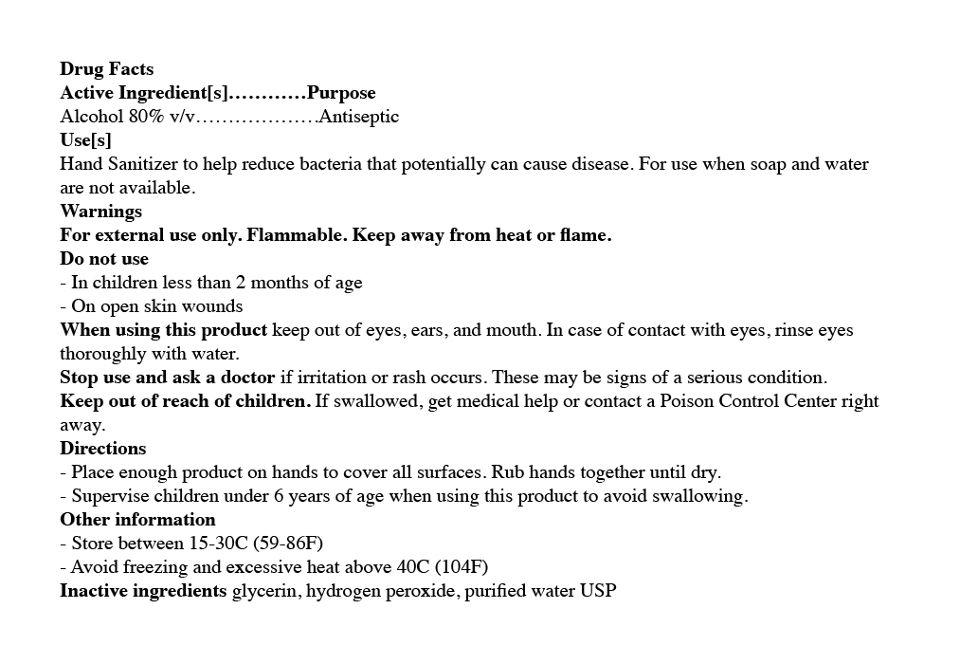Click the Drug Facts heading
106,69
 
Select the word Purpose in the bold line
341,93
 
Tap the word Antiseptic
359,117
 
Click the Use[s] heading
85,140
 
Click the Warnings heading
100,212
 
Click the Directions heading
102,449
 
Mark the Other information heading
137,520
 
